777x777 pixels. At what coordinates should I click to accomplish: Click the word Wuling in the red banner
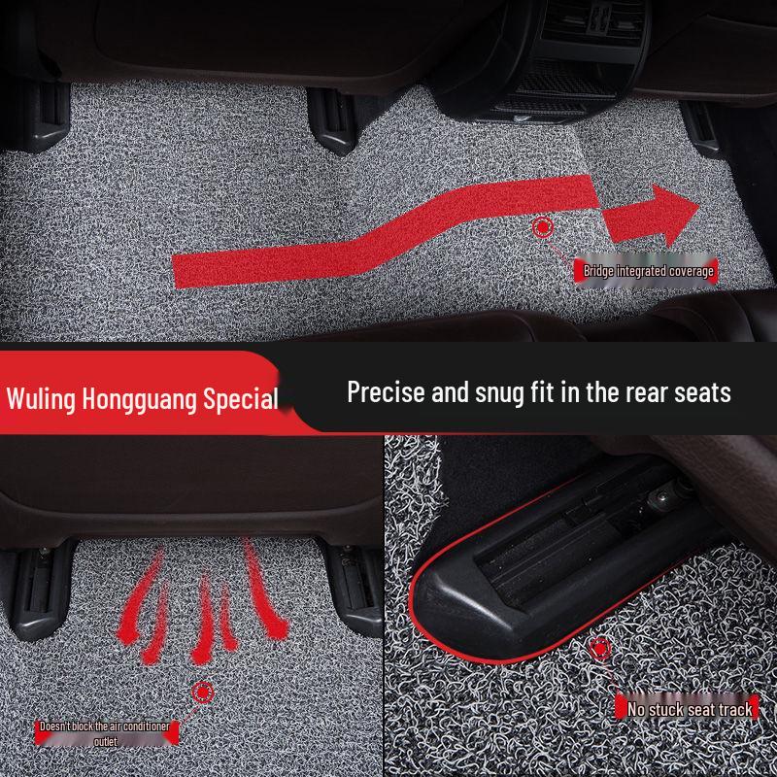[x=41, y=398]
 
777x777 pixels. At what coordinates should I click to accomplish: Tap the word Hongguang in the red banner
[x=139, y=399]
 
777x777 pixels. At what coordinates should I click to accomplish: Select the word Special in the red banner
[x=241, y=399]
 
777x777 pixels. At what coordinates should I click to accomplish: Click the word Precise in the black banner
[x=386, y=392]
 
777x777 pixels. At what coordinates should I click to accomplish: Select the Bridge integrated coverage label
[x=646, y=271]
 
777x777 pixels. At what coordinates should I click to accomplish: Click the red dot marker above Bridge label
[x=543, y=227]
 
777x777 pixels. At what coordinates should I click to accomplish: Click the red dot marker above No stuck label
[x=600, y=648]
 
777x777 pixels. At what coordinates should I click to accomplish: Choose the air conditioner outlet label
[x=106, y=733]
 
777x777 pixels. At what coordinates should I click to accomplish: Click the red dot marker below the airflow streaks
[x=202, y=692]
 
